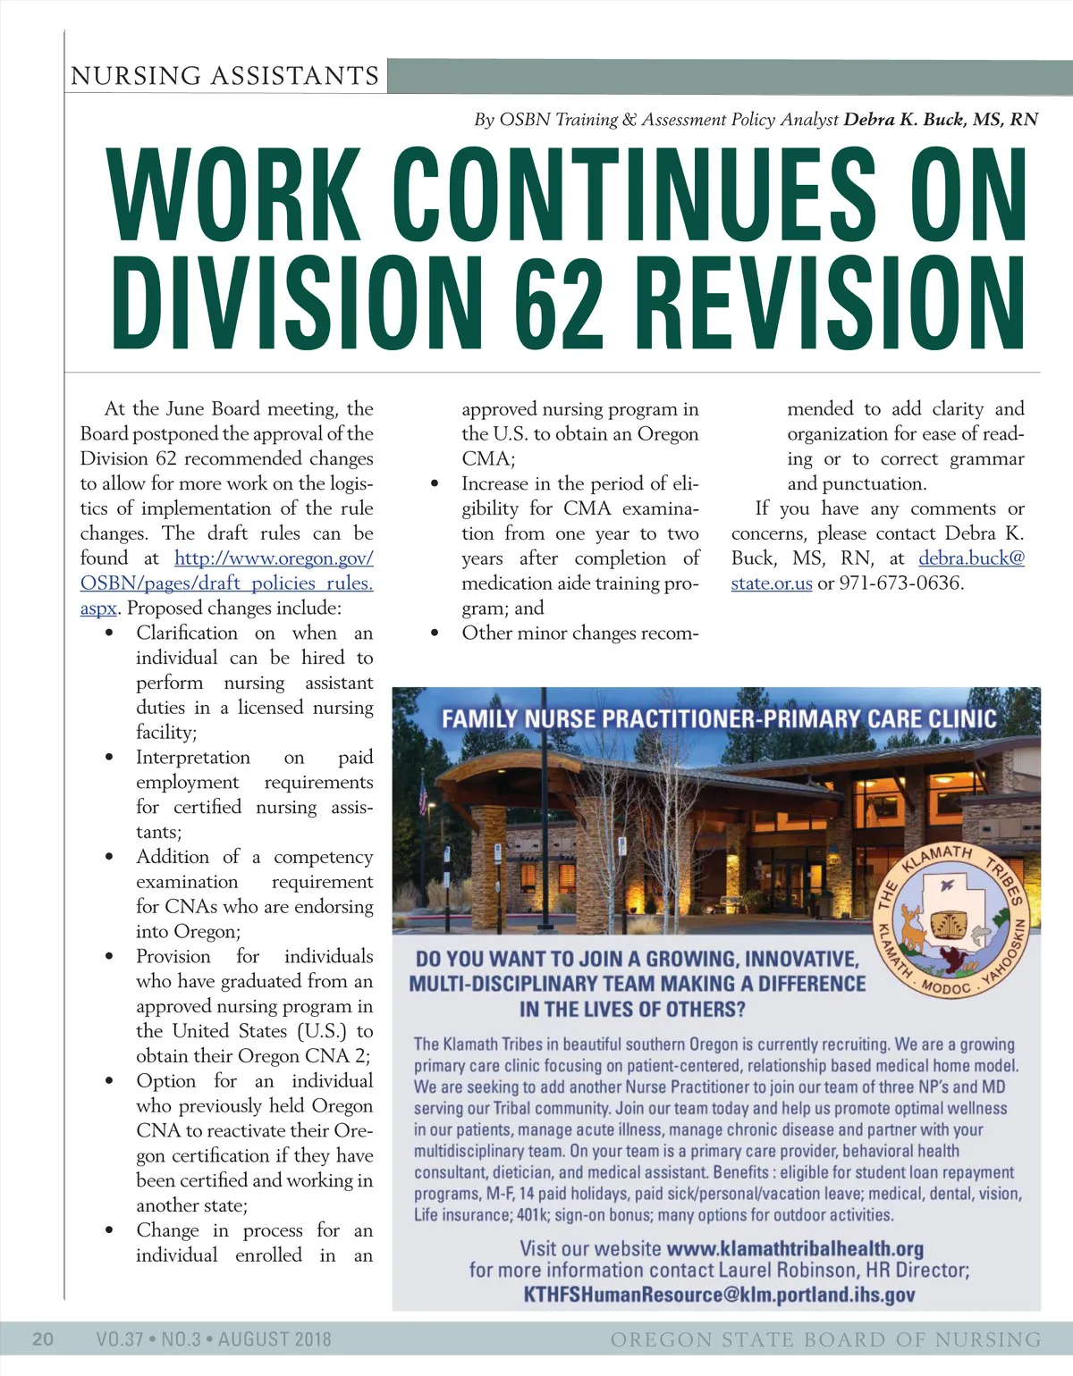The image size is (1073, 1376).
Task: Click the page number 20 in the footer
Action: point(43,1338)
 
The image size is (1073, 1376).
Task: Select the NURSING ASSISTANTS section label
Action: point(224,76)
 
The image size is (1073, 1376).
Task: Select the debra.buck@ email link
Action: point(971,558)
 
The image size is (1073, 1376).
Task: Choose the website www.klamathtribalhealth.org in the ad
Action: point(795,1248)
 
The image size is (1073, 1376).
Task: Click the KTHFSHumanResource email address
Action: point(719,1295)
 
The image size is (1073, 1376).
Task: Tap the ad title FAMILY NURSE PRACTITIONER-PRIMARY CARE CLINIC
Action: point(719,719)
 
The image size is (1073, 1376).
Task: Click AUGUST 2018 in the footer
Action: point(275,1338)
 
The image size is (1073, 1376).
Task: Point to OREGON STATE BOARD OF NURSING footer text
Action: point(825,1339)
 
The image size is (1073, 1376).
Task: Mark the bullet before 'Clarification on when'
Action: point(109,633)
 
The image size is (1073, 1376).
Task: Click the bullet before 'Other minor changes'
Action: point(435,633)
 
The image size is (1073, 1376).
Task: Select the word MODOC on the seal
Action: point(945,988)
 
